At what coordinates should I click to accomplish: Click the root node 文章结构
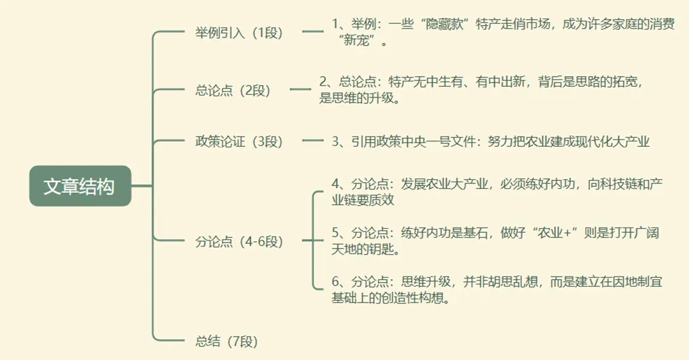79,186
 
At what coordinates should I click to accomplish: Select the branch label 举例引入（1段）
238,32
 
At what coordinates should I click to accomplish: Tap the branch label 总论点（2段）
232,90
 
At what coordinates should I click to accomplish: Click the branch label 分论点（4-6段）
238,241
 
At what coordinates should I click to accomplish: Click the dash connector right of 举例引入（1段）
313,31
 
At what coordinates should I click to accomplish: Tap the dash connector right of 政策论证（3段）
313,141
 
